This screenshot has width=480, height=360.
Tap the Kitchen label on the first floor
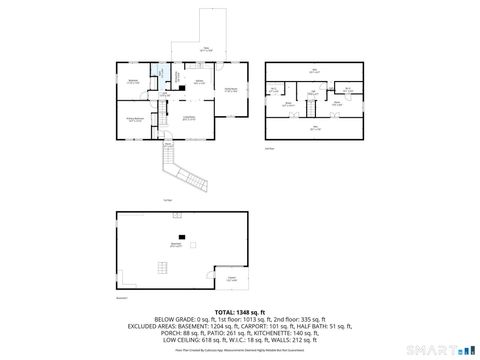pos(199,81)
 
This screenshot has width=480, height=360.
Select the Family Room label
pos(231,89)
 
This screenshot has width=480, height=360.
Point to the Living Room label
pos(187,117)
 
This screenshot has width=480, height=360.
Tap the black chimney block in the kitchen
pos(181,89)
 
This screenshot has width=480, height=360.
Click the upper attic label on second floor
pos(314,69)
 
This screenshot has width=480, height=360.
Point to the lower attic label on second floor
pos(314,128)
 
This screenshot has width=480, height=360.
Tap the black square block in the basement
pos(181,236)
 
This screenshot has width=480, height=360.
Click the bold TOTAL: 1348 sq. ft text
pos(239,312)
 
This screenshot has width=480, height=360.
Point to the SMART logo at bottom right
pos(444,351)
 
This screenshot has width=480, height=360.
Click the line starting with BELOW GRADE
pos(239,319)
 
